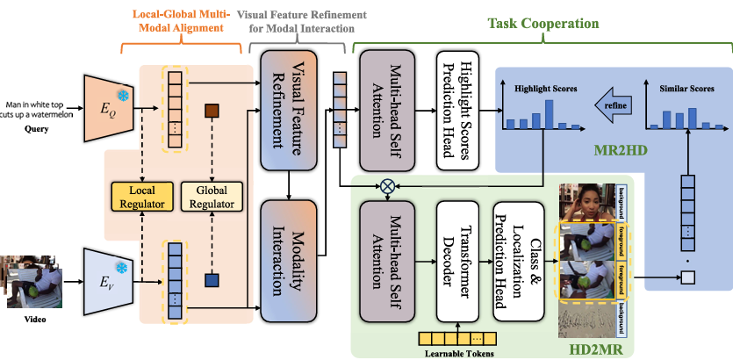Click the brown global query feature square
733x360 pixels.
[211, 112]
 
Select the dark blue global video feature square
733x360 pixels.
[211, 281]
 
